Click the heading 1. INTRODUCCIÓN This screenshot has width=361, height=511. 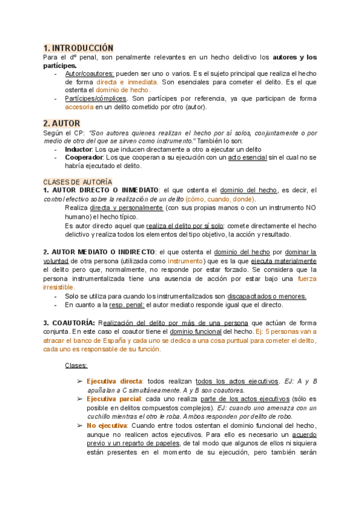pyautogui.click(x=78, y=48)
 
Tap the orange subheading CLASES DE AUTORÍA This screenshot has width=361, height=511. pyautogui.click(x=77, y=181)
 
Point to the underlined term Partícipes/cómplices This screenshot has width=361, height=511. pyautogui.click(x=96, y=98)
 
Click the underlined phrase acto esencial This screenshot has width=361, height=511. pyautogui.click(x=248, y=157)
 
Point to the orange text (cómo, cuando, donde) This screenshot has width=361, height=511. pyautogui.click(x=220, y=199)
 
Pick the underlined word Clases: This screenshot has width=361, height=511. pyautogui.click(x=76, y=365)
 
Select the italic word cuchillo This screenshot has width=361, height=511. pyautogui.click(x=100, y=416)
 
